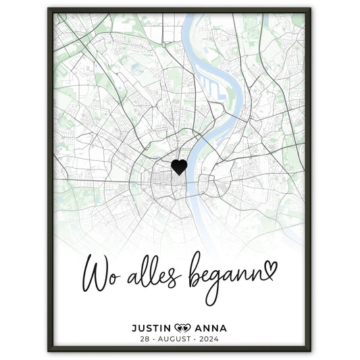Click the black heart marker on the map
(179, 167)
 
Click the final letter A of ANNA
(224, 328)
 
